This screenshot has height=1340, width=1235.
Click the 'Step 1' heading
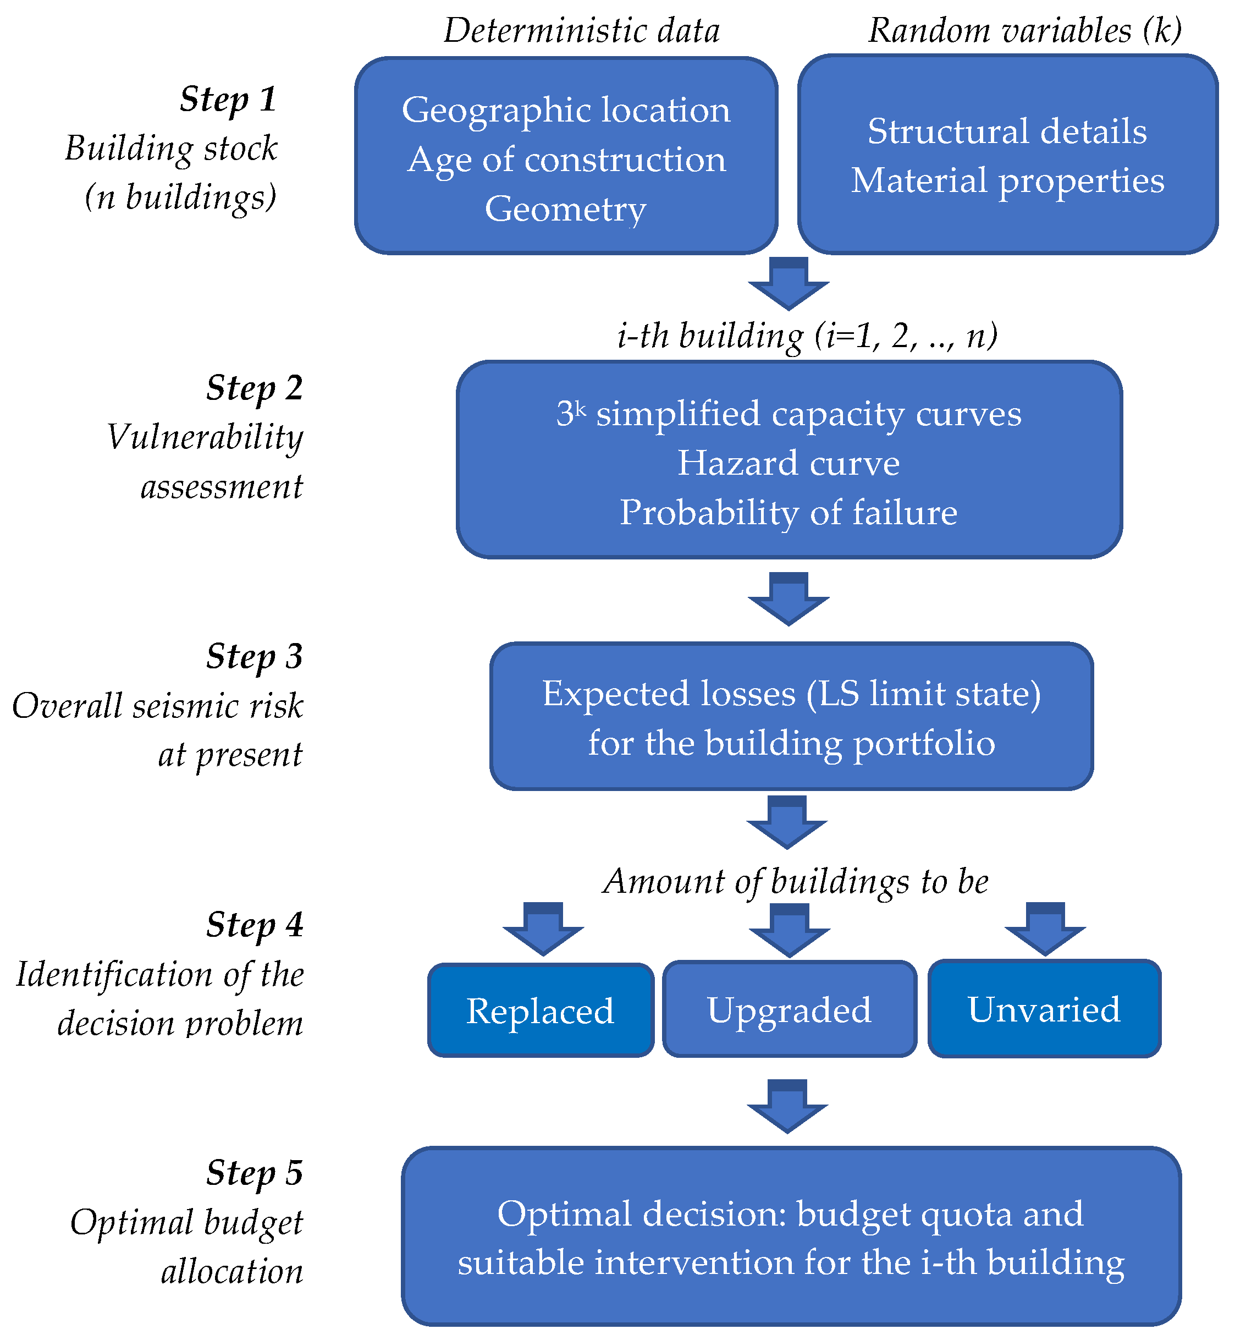228,100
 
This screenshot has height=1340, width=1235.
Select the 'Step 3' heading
254,657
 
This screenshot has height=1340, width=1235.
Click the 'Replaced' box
540,1011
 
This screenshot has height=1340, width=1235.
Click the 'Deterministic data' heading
581,31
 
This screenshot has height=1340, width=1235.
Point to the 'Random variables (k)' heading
1024,31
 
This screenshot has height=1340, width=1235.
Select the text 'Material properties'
1007,180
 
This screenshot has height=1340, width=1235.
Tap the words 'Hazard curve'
788,463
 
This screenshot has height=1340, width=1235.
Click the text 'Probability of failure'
788,512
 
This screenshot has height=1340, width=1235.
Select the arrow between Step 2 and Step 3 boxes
788,598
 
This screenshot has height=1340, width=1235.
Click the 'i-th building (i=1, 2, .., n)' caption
807,335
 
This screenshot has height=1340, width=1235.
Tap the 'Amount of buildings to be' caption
795,881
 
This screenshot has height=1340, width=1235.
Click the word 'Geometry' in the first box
565,208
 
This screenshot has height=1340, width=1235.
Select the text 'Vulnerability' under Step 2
205,438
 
